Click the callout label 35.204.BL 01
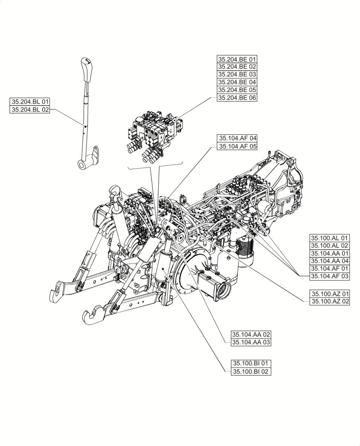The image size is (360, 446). [x=30, y=102]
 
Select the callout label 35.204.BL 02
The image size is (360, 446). [x=30, y=110]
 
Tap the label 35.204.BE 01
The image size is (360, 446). [x=237, y=59]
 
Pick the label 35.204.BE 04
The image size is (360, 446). [x=237, y=83]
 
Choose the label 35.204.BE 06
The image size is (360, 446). [x=237, y=98]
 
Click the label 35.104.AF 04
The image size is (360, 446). [x=237, y=138]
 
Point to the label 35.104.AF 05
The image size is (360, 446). [x=237, y=146]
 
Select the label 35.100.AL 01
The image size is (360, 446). [x=330, y=238]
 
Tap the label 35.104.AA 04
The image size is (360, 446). [x=330, y=261]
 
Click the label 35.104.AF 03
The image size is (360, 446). [x=330, y=277]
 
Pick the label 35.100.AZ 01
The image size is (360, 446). [x=330, y=294]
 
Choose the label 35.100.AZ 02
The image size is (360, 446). [x=330, y=302]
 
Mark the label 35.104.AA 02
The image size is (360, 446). [x=251, y=334]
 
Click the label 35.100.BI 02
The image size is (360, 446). [x=251, y=372]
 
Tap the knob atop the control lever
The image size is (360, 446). [x=86, y=62]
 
